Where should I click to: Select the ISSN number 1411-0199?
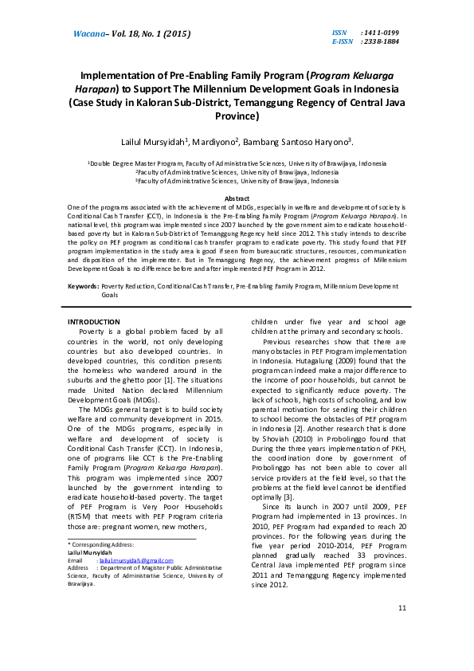coord(380,31)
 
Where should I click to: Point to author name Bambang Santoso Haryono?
coord(303,142)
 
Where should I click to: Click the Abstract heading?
coord(237,198)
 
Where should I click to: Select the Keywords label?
coord(84,285)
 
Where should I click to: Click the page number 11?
coord(402,630)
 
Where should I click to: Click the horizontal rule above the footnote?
coord(131,538)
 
